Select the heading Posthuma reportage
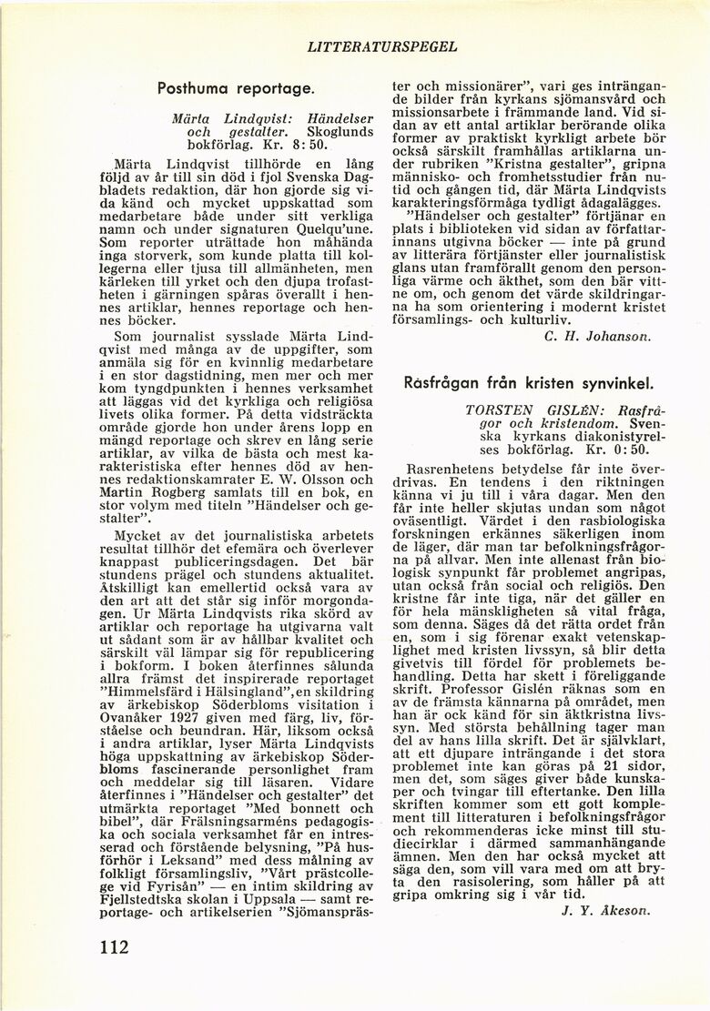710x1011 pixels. pyautogui.click(x=236, y=90)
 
